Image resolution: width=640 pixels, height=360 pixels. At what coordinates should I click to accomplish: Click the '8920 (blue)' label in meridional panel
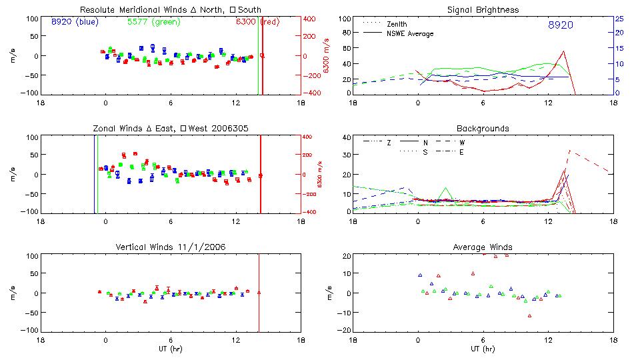tap(74, 22)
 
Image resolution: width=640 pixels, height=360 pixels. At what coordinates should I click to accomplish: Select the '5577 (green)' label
tap(151, 22)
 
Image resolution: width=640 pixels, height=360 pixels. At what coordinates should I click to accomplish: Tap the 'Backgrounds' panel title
tap(483, 128)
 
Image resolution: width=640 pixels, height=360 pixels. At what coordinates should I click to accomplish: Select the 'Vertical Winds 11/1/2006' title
tap(170, 247)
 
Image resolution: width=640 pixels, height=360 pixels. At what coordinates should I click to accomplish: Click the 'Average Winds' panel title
tap(483, 247)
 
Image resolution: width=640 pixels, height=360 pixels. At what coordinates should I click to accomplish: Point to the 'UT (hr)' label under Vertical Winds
tap(170, 348)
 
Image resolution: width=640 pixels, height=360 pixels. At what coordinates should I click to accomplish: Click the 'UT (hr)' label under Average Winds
tap(483, 348)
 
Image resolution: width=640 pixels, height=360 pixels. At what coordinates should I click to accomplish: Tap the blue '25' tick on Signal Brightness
tap(619, 19)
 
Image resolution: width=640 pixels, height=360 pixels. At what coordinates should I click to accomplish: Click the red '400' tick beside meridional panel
tap(311, 19)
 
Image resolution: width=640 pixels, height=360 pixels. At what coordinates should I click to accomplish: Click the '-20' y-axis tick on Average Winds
tap(344, 331)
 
